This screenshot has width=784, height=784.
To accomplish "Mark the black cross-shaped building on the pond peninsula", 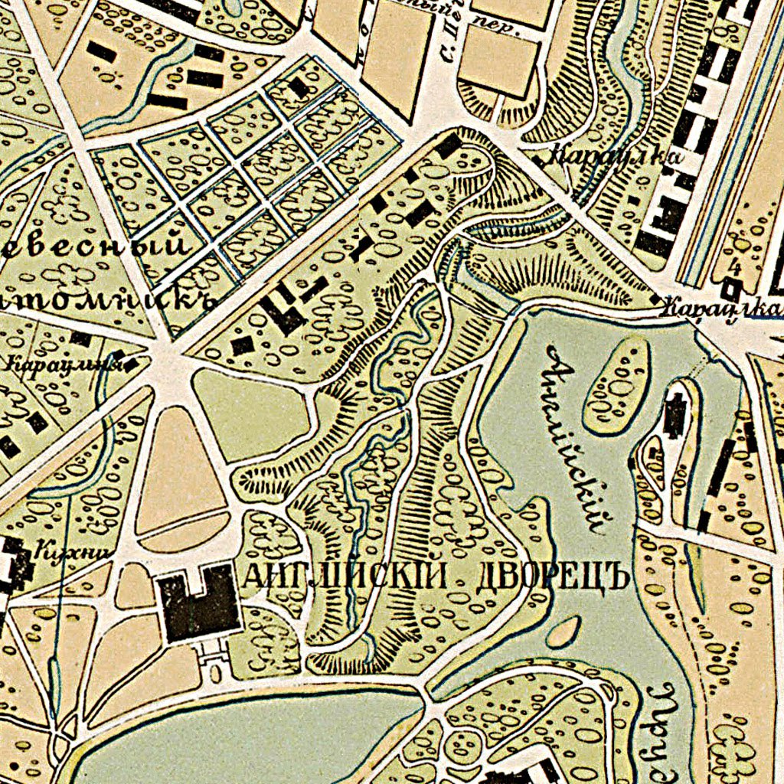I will click(675, 414).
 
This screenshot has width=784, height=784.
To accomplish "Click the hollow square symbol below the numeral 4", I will click(732, 289).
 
